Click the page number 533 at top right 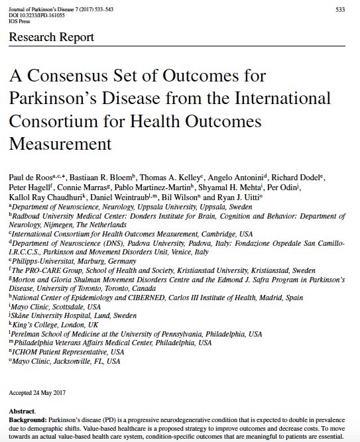pos(339,9)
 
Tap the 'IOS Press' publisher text pos(21,21)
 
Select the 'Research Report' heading pos(51,37)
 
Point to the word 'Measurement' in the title pos(60,142)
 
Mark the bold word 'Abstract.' pos(24,411)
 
